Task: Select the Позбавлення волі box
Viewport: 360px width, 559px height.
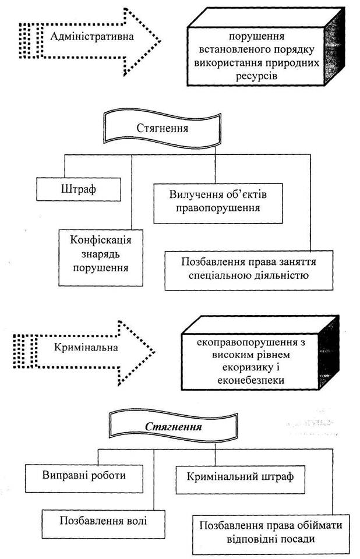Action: pyautogui.click(x=101, y=518)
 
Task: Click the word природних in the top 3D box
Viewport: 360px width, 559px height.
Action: pyautogui.click(x=289, y=64)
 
